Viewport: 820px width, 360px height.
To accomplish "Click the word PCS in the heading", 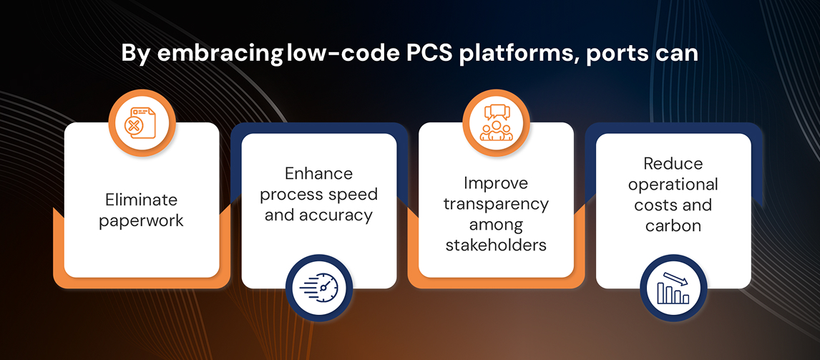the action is (x=430, y=54).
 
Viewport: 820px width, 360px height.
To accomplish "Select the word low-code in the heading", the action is (x=343, y=54).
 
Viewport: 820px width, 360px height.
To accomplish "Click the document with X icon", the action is (x=141, y=124).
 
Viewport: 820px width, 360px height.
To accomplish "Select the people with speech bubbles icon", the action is (x=496, y=123).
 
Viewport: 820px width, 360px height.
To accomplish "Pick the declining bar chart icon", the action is (x=673, y=288).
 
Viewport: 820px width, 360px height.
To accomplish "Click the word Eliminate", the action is (x=141, y=200).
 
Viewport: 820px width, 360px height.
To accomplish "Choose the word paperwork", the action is (x=141, y=221).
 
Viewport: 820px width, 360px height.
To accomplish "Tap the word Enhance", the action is (x=318, y=173).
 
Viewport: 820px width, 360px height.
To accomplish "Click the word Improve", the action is (x=496, y=183).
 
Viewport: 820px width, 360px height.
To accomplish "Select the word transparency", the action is (x=496, y=204).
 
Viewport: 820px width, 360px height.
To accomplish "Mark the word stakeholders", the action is (x=496, y=244).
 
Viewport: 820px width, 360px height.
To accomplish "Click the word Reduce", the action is (x=673, y=164).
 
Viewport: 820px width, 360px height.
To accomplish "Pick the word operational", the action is (x=673, y=185).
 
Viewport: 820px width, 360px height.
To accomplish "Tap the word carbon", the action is (x=673, y=225).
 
